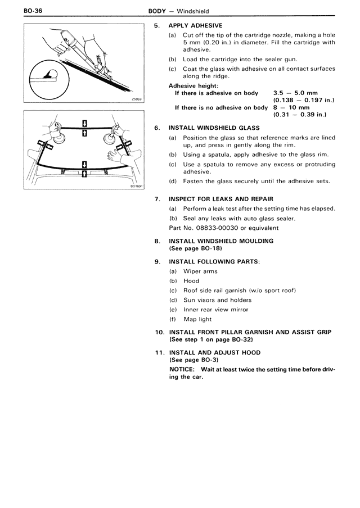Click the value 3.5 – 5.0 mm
[295, 93]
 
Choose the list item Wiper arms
[200, 271]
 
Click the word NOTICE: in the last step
[182, 369]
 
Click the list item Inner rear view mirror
[215, 309]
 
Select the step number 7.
[157, 198]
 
